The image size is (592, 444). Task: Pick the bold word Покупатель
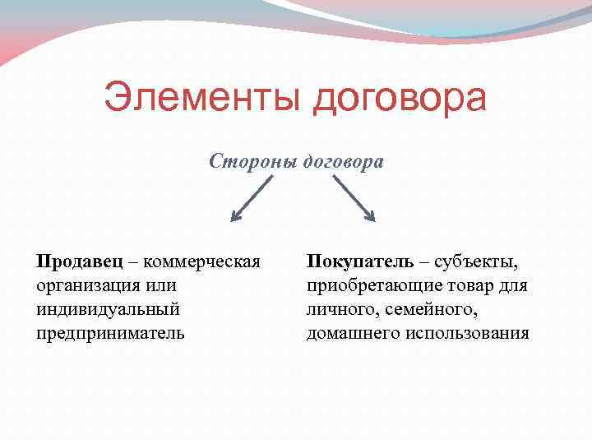pos(360,262)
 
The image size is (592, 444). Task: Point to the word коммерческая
pos(202,262)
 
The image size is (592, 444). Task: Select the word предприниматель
pos(110,334)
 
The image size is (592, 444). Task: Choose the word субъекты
pos(476,262)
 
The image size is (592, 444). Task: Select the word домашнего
pos(349,334)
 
